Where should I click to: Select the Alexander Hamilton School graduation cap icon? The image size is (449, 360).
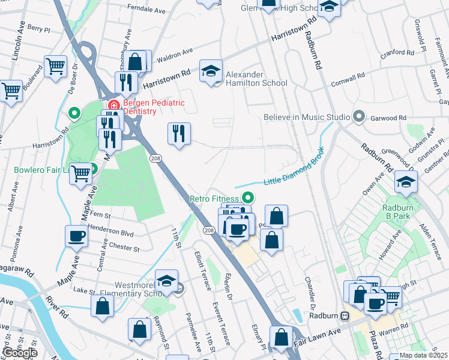(211, 72)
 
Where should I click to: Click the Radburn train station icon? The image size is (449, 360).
(345, 316)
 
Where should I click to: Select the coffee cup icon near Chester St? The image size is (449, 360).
(77, 236)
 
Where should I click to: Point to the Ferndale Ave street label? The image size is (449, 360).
(147, 11)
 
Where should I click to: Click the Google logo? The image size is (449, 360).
(20, 353)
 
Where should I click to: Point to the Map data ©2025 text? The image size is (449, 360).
(423, 355)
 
